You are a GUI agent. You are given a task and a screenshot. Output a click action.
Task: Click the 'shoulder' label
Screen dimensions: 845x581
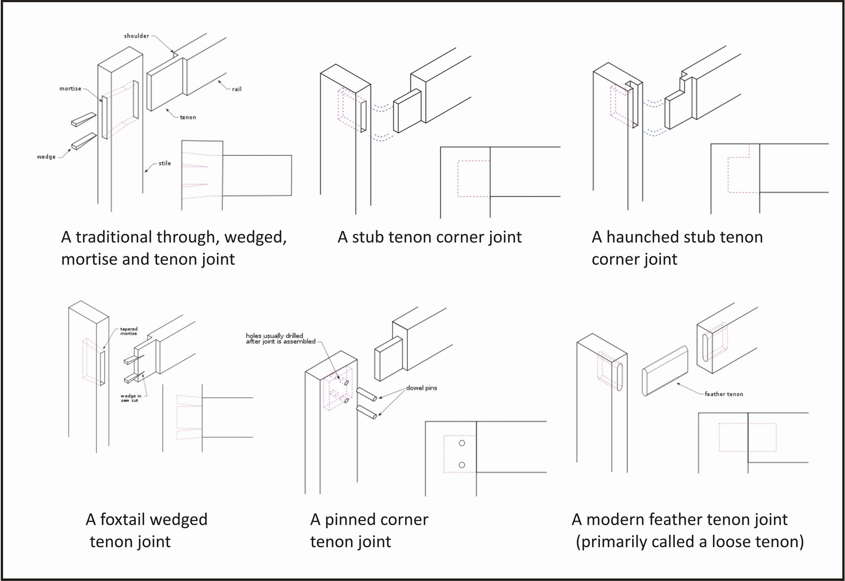(136, 36)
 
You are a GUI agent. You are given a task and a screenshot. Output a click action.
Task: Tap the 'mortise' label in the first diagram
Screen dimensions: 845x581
(70, 88)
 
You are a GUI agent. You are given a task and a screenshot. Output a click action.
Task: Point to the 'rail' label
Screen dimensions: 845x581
(237, 89)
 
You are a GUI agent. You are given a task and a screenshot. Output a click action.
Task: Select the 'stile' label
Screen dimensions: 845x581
(164, 163)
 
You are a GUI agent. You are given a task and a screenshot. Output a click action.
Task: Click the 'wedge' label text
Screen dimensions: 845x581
(46, 157)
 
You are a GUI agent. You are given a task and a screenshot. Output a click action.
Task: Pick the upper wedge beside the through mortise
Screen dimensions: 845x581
(84, 119)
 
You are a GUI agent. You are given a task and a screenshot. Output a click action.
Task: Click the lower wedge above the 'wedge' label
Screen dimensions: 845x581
(84, 141)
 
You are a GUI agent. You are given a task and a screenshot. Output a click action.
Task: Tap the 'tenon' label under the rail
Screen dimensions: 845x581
(188, 117)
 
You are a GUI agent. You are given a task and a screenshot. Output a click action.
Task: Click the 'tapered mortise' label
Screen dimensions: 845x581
(128, 331)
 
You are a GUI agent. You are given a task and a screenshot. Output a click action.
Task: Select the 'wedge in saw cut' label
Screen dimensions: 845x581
(131, 398)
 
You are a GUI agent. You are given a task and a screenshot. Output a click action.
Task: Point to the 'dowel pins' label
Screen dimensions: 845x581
(421, 388)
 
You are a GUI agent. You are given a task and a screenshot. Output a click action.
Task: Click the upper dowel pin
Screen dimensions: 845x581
(367, 394)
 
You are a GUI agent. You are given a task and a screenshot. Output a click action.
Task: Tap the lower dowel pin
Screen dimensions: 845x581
(367, 412)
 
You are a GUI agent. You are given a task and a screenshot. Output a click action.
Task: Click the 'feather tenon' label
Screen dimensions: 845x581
(723, 394)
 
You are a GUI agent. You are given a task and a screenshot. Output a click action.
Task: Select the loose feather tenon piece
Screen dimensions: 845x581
(665, 371)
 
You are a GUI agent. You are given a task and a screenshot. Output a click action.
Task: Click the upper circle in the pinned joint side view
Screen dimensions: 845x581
(462, 443)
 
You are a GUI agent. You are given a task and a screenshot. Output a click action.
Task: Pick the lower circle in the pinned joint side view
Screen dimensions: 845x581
(462, 465)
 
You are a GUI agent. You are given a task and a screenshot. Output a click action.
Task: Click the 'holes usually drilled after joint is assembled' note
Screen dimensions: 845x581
(281, 339)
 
